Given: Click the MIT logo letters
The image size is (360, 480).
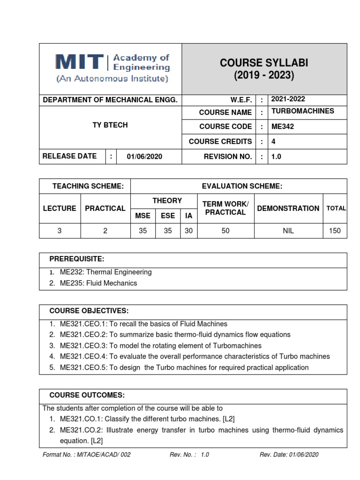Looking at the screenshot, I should coord(79,63).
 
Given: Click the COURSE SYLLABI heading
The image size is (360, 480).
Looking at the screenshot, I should coord(264,63).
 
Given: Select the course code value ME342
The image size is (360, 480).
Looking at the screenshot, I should coord(283,127).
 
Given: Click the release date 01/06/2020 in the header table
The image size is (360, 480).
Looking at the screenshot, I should coord(144,157).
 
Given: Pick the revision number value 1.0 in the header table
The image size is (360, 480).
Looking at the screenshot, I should coord(276,157).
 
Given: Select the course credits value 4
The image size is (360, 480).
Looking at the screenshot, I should coord(274,141).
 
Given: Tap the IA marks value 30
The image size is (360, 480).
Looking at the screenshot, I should coord(188,231).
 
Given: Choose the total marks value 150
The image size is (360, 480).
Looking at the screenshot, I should coord(335,231).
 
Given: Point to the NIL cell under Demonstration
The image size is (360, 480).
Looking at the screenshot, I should coord(288,231).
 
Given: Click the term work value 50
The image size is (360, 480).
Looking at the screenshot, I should coord(225,231).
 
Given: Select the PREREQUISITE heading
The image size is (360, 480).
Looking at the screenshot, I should coord(77,259).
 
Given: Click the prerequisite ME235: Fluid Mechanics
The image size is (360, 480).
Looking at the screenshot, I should coord(98,283).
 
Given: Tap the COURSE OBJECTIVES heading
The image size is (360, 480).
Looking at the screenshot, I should coord(89,311).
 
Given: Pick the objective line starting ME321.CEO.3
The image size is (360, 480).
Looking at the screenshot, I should coord(160,345).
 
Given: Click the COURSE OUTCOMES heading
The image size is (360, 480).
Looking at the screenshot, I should coord(87,395).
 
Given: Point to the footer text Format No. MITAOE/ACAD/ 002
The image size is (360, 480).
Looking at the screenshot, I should coord(87,455).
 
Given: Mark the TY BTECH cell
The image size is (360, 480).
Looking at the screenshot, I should coord(110,125).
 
